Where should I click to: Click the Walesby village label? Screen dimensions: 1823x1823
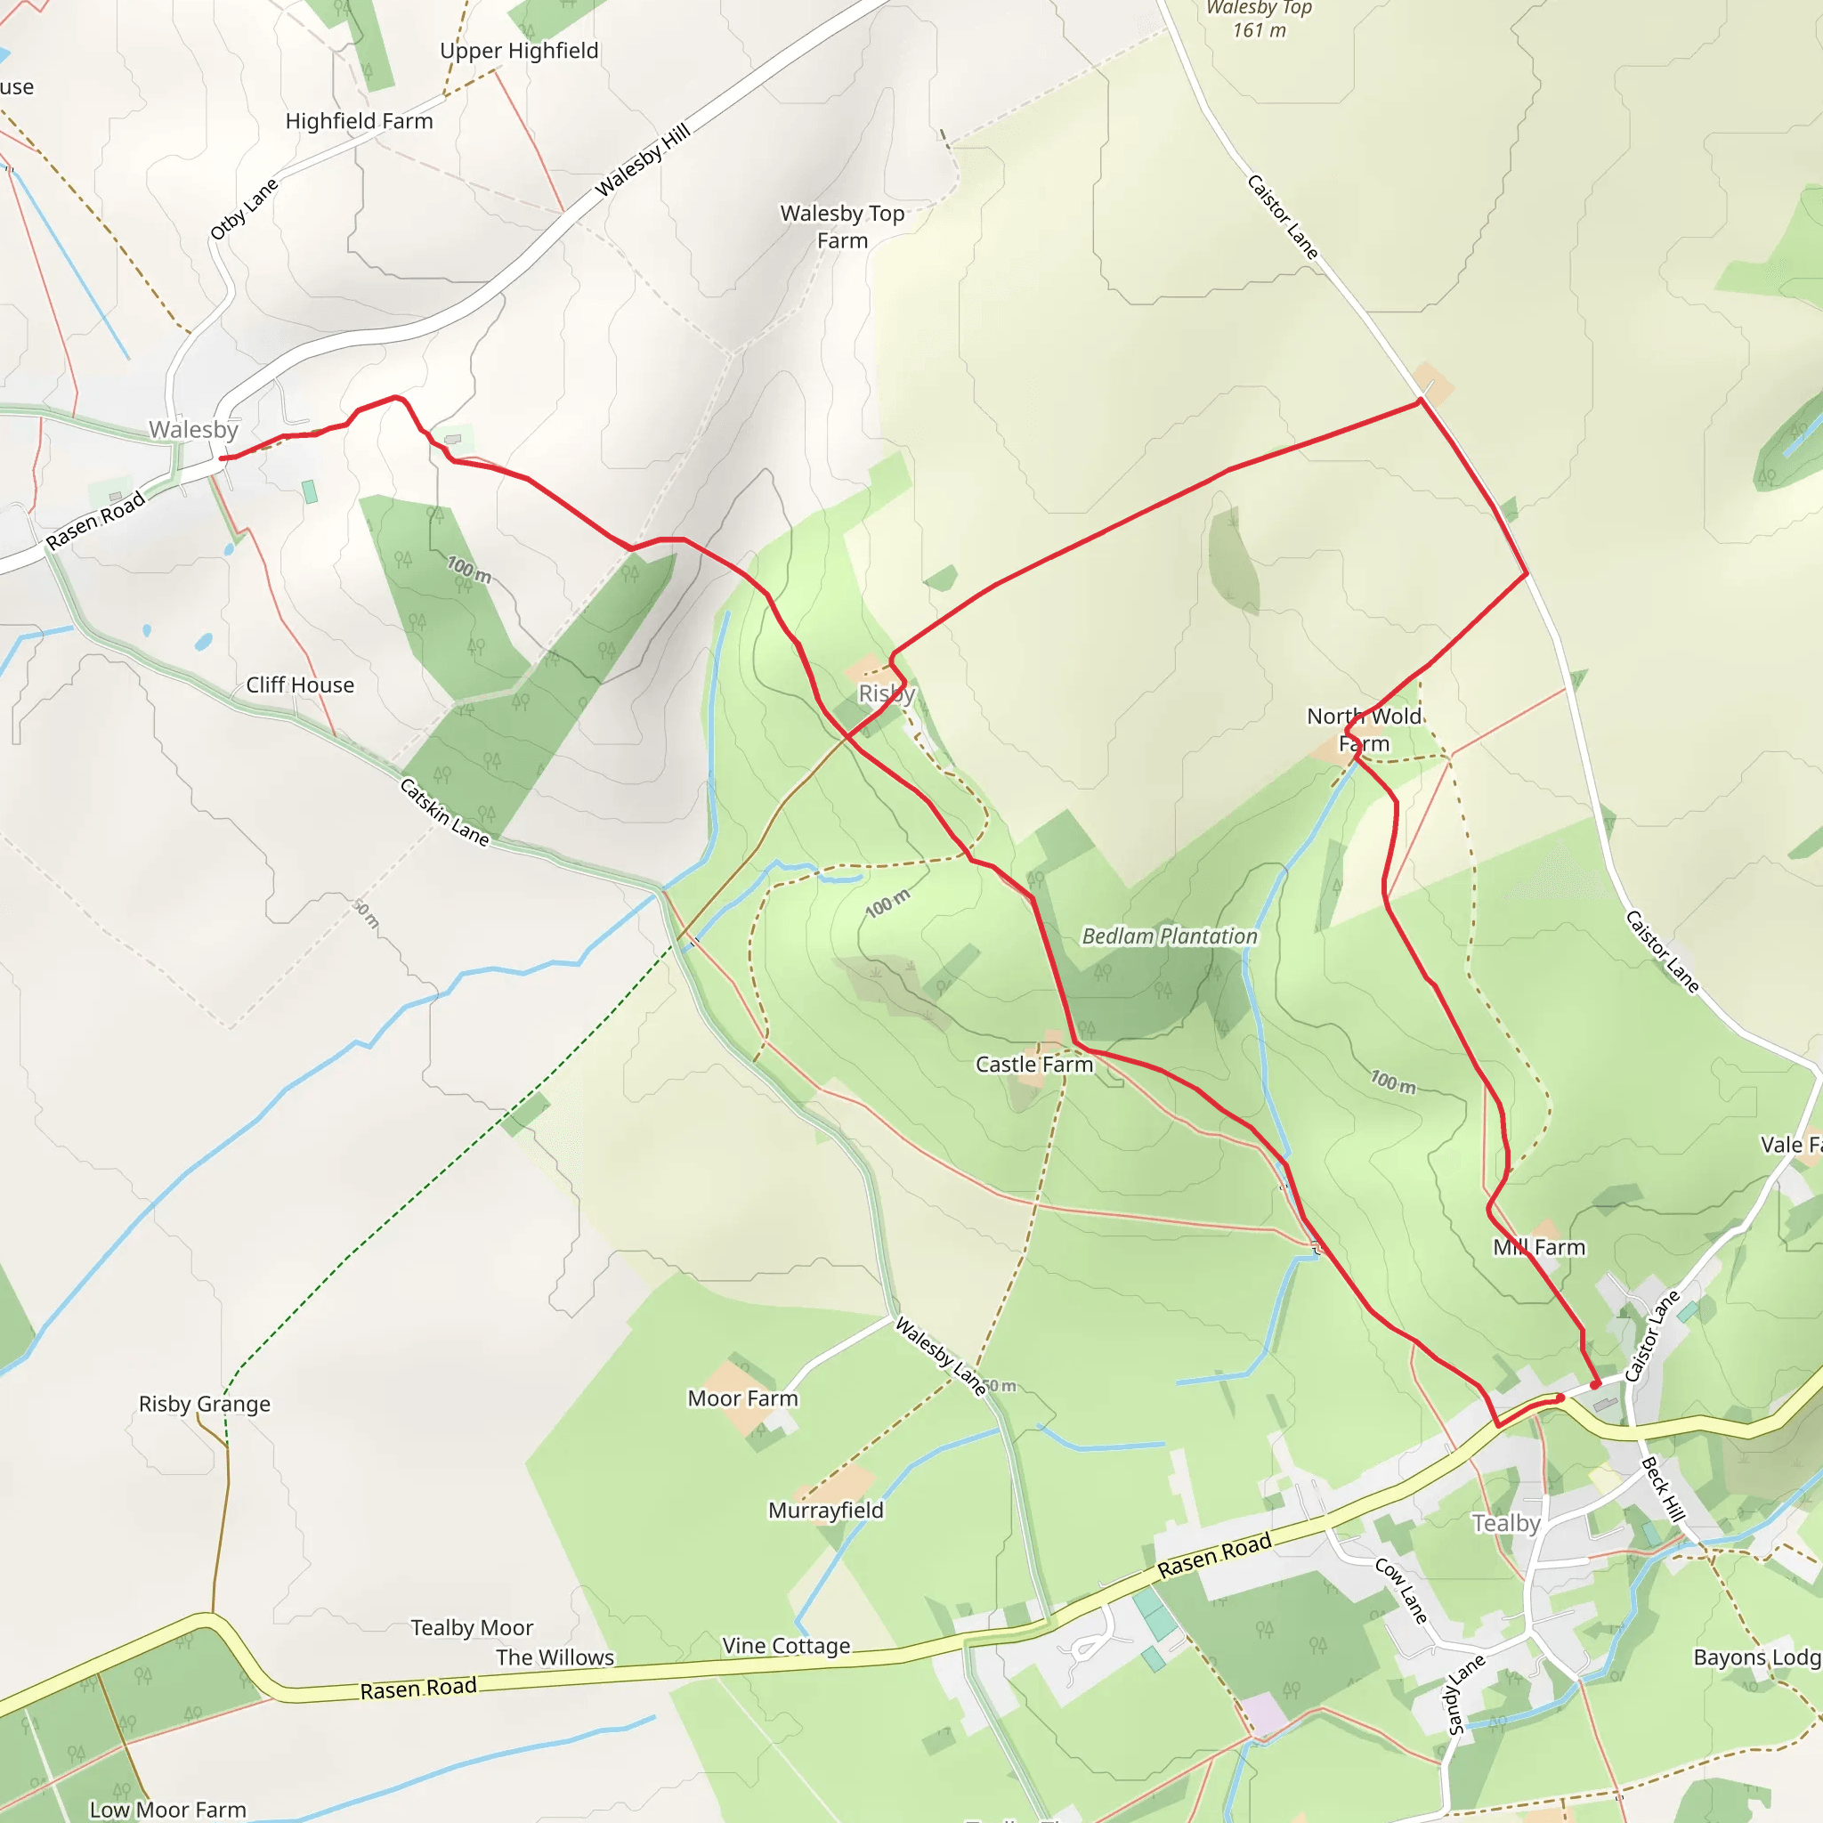[193, 429]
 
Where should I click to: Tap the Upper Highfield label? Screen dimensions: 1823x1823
[519, 51]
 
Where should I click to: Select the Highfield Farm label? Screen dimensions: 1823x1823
[360, 121]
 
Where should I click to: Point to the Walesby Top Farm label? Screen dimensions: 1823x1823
[842, 226]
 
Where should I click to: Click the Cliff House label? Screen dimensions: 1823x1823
[300, 685]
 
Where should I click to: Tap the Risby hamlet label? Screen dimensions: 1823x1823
[886, 693]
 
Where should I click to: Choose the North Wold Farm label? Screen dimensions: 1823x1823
[1364, 729]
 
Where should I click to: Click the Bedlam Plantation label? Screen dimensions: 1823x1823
[1169, 936]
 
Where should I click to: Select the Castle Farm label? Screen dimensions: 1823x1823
[1034, 1065]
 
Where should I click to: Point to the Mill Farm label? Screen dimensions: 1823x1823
[1539, 1247]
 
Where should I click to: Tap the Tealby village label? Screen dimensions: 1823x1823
[1506, 1523]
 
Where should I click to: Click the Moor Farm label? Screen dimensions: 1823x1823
[742, 1398]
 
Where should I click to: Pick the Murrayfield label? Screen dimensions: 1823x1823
[826, 1510]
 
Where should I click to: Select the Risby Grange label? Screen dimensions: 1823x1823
[205, 1404]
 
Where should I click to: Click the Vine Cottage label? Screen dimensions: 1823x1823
[786, 1646]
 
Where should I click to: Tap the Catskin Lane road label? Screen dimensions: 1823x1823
[444, 812]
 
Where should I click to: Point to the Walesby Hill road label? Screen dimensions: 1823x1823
[643, 160]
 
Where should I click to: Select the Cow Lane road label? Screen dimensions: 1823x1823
[1401, 1591]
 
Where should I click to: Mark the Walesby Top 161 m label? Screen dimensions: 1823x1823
[1259, 19]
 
